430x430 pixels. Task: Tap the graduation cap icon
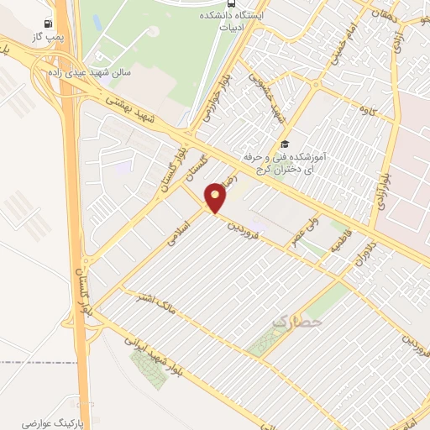[286, 144]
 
